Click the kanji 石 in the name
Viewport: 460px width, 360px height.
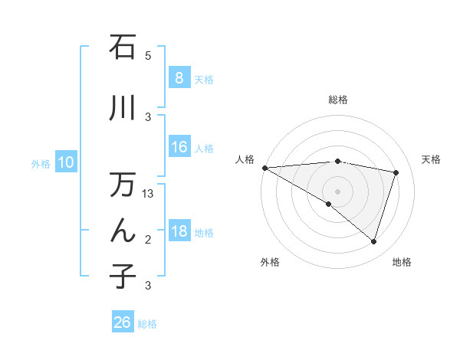pyautogui.click(x=123, y=47)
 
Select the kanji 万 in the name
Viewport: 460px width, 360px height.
pyautogui.click(x=123, y=185)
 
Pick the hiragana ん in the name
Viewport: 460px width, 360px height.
pyautogui.click(x=123, y=231)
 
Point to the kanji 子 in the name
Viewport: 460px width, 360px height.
pyautogui.click(x=123, y=277)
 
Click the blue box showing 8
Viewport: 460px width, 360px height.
pyautogui.click(x=179, y=78)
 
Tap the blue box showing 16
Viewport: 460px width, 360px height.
pyautogui.click(x=179, y=147)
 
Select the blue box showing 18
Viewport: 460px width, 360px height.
pyautogui.click(x=179, y=231)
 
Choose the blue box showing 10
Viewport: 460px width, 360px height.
pyautogui.click(x=65, y=162)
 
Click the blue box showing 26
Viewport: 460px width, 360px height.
pyautogui.click(x=122, y=322)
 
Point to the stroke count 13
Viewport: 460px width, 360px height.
pyautogui.click(x=149, y=194)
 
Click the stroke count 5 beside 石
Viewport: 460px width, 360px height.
pyautogui.click(x=148, y=56)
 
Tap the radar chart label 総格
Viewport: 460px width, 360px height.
pyautogui.click(x=337, y=100)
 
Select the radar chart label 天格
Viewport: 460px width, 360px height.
pyautogui.click(x=432, y=159)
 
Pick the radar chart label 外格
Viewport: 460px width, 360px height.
pyautogui.click(x=269, y=262)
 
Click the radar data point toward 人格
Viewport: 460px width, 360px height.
pyautogui.click(x=264, y=167)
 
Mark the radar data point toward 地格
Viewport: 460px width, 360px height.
pyautogui.click(x=373, y=241)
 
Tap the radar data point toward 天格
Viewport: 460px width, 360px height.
pyautogui.click(x=396, y=172)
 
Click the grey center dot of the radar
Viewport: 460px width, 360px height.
pyautogui.click(x=337, y=191)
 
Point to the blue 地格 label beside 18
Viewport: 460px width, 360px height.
pyautogui.click(x=204, y=232)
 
